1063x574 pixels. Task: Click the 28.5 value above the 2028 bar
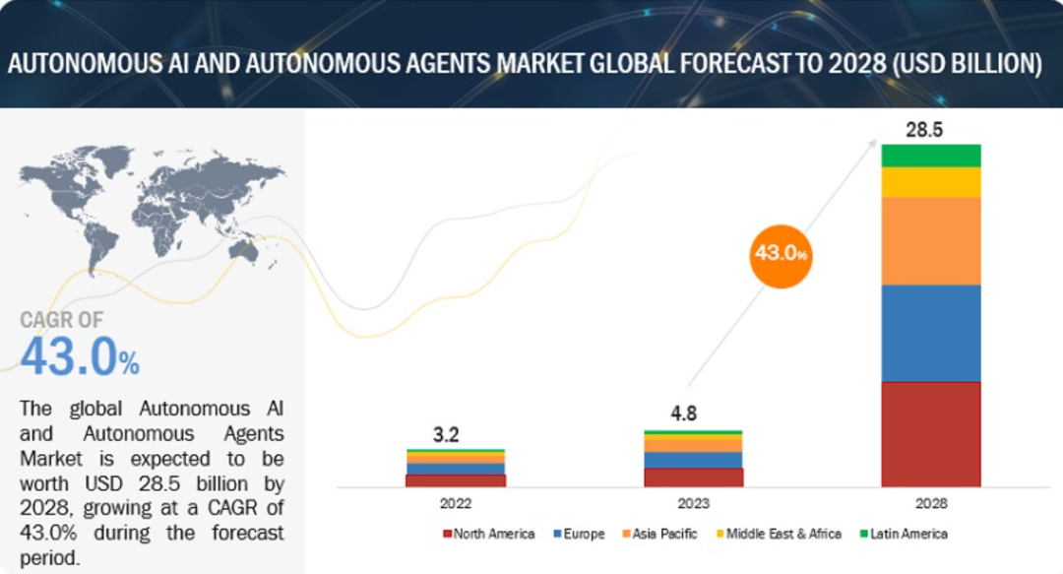tap(924, 130)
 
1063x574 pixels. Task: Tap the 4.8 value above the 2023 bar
tap(683, 414)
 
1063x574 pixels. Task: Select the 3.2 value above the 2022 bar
tap(446, 434)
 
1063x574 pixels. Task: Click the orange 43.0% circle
tap(781, 256)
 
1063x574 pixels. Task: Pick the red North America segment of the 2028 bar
tap(931, 434)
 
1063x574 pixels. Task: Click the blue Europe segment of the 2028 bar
tap(931, 333)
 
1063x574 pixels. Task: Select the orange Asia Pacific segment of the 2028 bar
tap(931, 241)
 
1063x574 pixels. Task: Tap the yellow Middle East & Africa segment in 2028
tap(931, 182)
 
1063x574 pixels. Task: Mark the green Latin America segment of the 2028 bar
tap(931, 156)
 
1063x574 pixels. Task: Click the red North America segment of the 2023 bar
tap(694, 478)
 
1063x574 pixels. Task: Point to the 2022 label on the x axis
tap(456, 503)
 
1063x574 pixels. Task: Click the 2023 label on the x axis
tap(694, 503)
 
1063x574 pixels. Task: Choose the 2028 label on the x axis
tap(931, 503)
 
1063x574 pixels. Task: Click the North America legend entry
tap(489, 534)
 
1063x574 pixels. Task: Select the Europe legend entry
tap(579, 534)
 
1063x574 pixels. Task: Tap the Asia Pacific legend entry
tap(659, 534)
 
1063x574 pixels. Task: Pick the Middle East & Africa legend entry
tap(779, 534)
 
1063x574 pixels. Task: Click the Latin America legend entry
tap(904, 534)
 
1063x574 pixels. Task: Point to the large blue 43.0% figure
tap(80, 356)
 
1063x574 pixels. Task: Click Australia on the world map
tap(243, 251)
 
